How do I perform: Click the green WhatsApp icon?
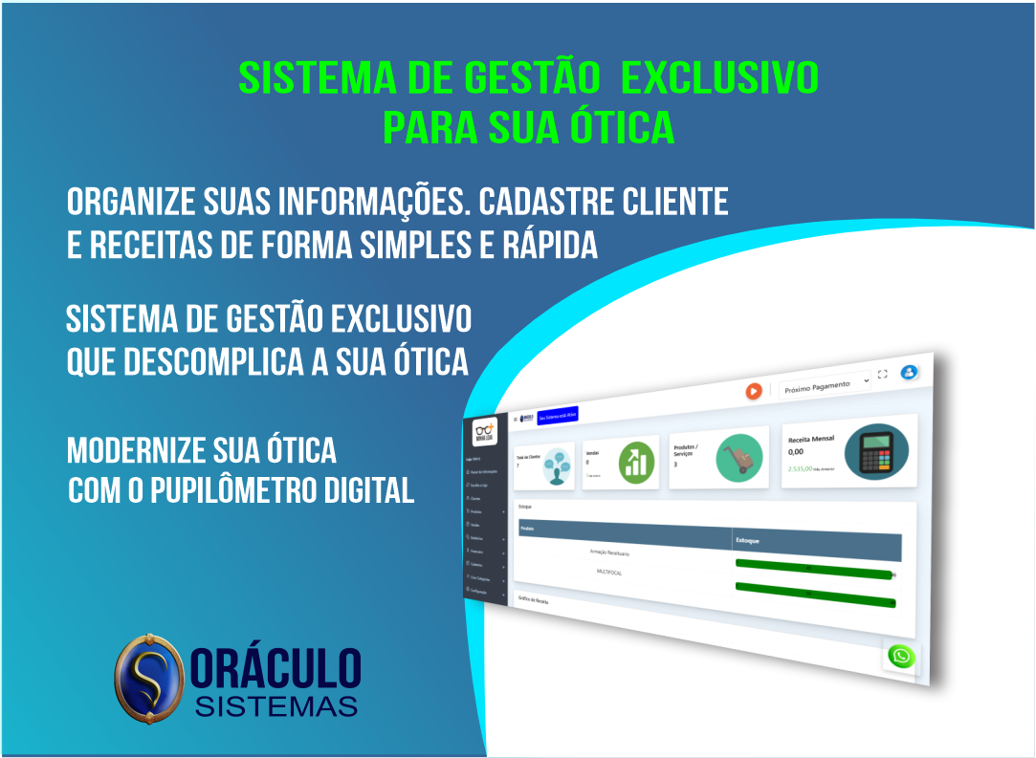click(x=900, y=657)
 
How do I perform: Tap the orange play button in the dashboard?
click(x=754, y=390)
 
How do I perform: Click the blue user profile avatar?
click(x=909, y=372)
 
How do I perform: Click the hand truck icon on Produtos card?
click(x=738, y=456)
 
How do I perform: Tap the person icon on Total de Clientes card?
click(x=550, y=467)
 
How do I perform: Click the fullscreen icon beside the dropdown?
click(x=882, y=375)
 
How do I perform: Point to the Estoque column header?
click(x=749, y=540)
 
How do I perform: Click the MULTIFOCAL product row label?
click(x=609, y=573)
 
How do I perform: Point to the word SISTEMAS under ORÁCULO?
click(x=276, y=706)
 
